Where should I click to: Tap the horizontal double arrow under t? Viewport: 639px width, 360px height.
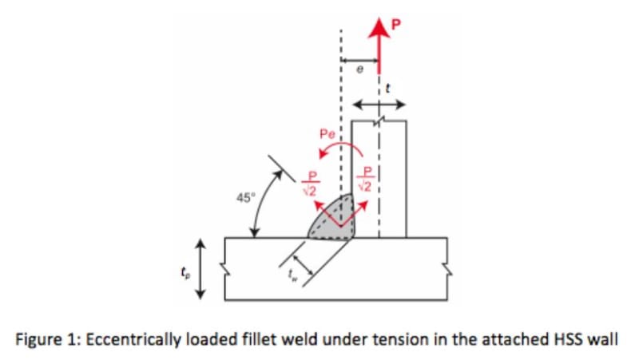click(379, 105)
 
